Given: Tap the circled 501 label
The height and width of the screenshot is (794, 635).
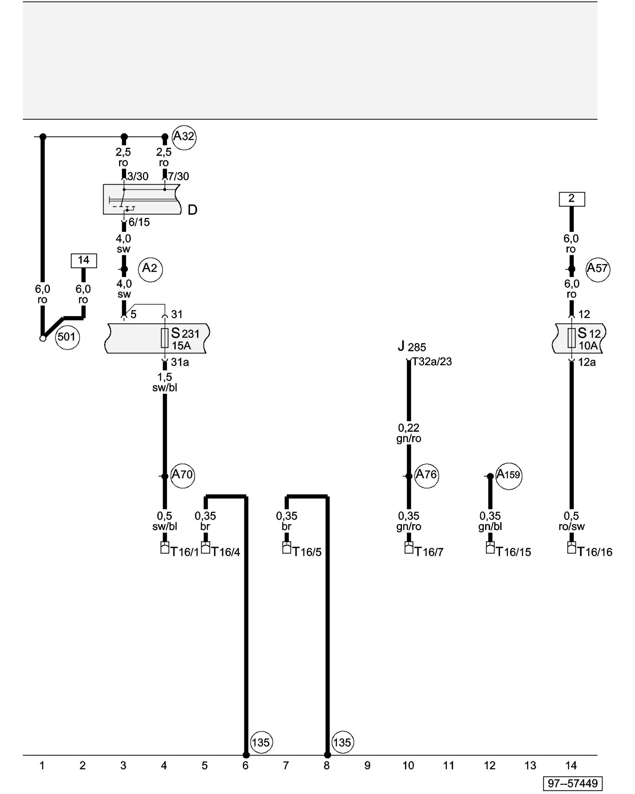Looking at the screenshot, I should pos(67,337).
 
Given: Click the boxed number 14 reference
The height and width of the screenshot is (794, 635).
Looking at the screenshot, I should pos(84,260).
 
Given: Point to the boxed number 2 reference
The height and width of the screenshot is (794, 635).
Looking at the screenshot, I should pos(571,198).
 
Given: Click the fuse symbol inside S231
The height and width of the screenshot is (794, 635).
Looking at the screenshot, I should pos(165,338).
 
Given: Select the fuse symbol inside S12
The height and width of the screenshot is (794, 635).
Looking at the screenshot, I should pos(571,338).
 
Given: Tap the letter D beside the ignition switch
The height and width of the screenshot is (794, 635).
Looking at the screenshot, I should pos(192,210).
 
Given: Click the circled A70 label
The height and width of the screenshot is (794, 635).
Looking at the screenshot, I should pos(183,475).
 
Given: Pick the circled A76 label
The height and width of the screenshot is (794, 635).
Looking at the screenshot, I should pos(426,475).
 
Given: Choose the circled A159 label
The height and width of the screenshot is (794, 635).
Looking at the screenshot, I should pos(508,475).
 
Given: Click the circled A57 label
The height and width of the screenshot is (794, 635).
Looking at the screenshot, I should pos(598,269).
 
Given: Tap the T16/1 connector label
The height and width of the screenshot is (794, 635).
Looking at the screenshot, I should pos(185,552).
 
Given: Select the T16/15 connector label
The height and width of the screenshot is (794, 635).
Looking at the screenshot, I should pos(514,552).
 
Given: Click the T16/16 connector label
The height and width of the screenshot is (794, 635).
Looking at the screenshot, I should pos(595,552).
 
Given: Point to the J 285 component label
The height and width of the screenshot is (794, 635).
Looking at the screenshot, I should pos(412,347).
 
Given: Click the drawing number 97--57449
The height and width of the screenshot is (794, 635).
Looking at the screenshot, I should pos(573,783).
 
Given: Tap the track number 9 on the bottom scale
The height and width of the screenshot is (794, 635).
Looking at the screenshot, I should pos(368,766).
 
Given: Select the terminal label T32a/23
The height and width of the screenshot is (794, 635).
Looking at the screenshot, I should pos(432,362).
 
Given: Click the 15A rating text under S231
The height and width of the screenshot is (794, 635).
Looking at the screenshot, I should pos(181,346).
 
